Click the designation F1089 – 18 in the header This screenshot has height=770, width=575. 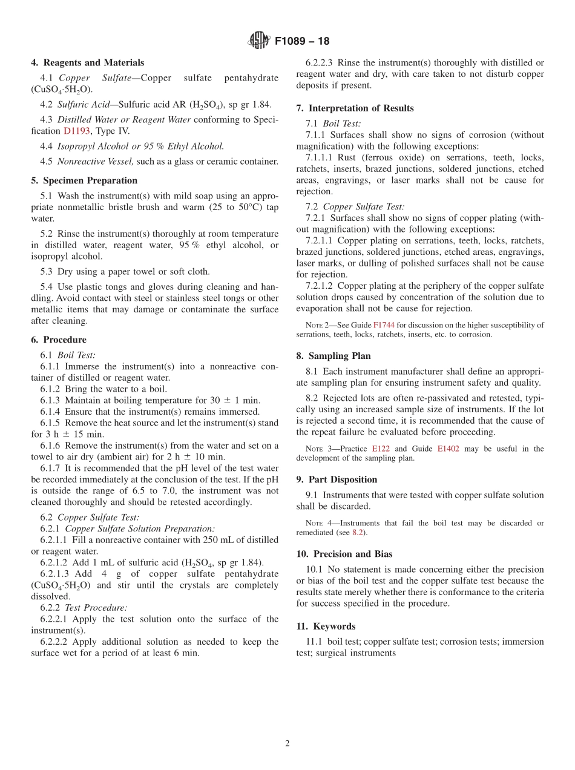[x=302, y=41]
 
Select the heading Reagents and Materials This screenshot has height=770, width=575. [x=94, y=62]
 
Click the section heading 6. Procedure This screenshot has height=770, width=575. [x=59, y=340]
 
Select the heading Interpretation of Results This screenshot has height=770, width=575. [x=361, y=108]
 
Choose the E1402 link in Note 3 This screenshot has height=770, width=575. [x=448, y=449]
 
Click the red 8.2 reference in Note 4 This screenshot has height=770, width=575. [x=358, y=532]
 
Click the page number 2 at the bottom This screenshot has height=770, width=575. [x=287, y=744]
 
